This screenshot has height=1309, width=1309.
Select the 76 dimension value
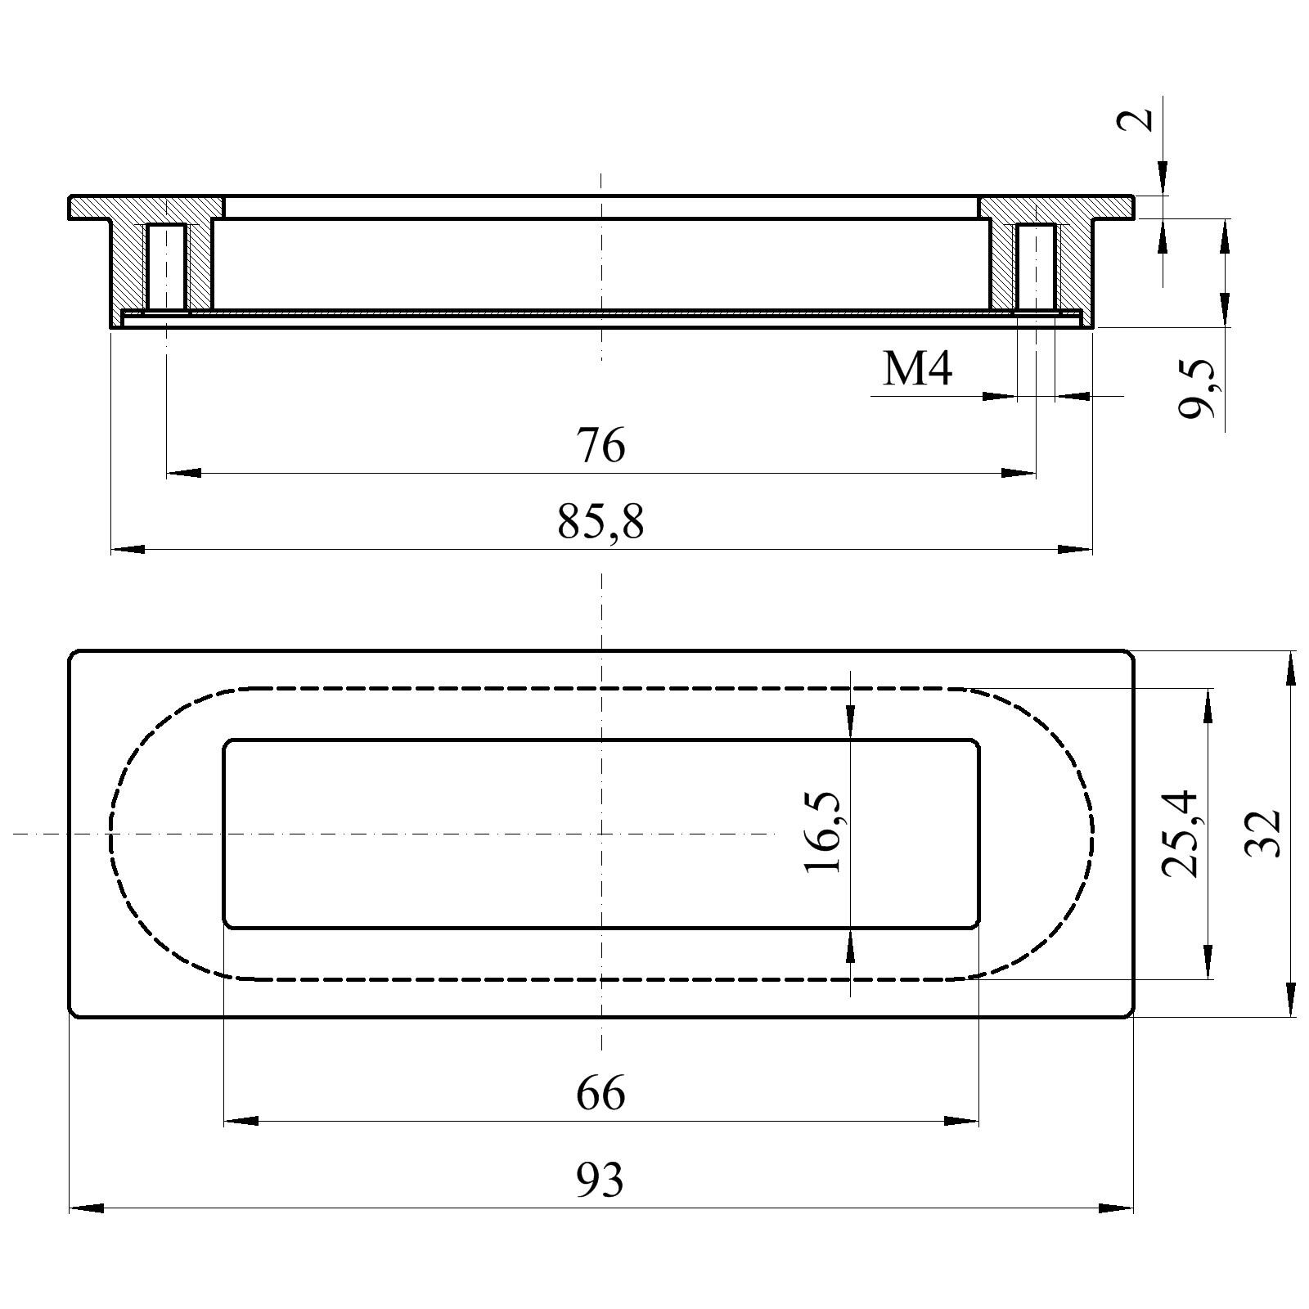(601, 446)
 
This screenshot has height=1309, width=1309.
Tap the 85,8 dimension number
(601, 522)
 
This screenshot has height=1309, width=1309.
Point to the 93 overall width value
(600, 1180)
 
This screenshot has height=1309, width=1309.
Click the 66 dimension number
(601, 1093)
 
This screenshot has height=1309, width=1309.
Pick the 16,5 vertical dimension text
(823, 833)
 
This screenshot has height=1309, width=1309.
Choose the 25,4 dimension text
(1180, 834)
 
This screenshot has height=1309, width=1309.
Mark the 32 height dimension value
(1262, 833)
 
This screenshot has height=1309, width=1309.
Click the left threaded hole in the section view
(167, 266)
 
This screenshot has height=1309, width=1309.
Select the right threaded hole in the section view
(1036, 266)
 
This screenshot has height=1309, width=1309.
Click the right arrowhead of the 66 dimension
(961, 1121)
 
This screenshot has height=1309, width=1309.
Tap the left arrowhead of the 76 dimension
(183, 473)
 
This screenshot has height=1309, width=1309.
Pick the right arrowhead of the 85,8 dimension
(1075, 549)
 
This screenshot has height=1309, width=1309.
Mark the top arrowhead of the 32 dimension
(1290, 668)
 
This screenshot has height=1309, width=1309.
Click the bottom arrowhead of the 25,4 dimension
(1208, 961)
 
